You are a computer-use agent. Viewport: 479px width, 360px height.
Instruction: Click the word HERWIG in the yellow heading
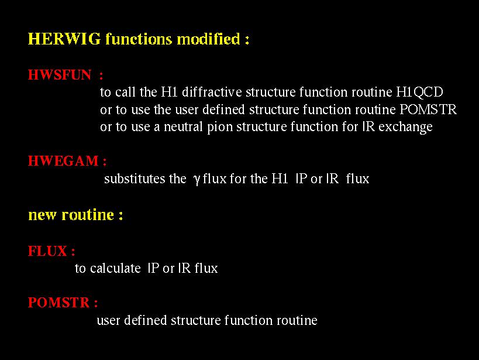[64, 39]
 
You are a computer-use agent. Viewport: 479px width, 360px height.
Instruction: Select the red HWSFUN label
[60, 75]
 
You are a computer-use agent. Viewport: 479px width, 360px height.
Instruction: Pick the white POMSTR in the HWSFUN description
[428, 109]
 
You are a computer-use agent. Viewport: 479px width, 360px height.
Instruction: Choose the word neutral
[183, 126]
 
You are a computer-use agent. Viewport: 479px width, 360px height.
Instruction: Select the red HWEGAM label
[63, 161]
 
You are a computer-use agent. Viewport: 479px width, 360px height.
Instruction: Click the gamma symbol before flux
[197, 180]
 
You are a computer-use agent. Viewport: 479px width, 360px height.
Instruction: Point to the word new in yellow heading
[42, 215]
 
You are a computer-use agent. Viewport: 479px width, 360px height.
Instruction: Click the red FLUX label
[47, 251]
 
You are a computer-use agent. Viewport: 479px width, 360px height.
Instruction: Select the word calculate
[115, 268]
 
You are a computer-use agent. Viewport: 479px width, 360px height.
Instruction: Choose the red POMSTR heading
[58, 303]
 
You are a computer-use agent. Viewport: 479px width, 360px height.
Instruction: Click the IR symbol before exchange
[368, 126]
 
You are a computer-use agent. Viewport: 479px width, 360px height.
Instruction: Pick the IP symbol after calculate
[153, 268]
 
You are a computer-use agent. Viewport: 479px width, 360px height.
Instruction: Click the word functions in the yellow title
[139, 39]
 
